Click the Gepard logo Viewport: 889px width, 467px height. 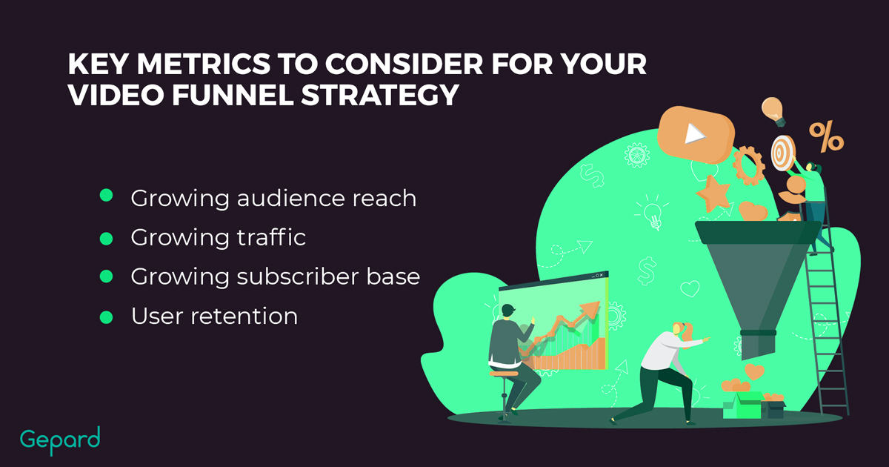tap(60, 440)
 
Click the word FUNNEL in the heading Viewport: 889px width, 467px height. tap(233, 95)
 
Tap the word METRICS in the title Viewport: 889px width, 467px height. tap(204, 64)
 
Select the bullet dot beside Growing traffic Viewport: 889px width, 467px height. tap(106, 239)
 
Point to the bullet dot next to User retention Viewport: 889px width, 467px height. tap(106, 317)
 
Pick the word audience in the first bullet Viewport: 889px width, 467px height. tap(291, 198)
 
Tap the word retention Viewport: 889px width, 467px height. tap(244, 317)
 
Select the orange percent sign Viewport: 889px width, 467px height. tap(827, 137)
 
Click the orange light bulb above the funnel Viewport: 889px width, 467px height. tap(773, 111)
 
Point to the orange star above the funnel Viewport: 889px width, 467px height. tap(713, 193)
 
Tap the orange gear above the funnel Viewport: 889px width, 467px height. tap(748, 165)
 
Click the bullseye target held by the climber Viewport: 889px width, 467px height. tap(782, 153)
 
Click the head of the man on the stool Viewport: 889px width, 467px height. tap(508, 310)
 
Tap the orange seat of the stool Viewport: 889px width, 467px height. tap(504, 374)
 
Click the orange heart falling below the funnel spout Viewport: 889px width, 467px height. tap(754, 371)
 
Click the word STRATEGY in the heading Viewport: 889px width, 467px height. tap(380, 95)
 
